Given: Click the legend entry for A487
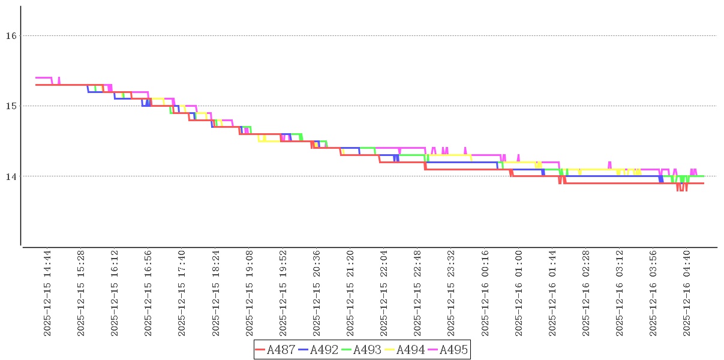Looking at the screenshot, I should point(275,350).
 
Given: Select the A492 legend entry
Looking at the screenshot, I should point(319,350).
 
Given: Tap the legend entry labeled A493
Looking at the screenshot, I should point(362,350).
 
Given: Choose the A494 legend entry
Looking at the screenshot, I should point(405,350).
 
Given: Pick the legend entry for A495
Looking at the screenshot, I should point(448,350).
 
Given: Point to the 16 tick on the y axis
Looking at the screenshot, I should point(10,35).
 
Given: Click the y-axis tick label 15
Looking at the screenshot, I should point(10,106).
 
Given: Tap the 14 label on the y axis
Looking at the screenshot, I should point(10,176).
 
